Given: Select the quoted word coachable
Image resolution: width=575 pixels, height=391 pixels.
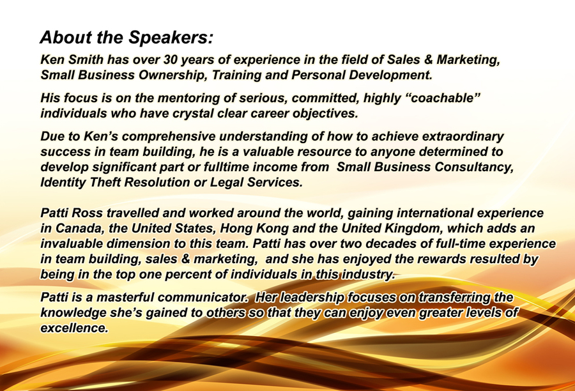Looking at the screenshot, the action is click(x=444, y=98).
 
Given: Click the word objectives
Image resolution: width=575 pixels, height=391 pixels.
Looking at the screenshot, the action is click(x=325, y=114).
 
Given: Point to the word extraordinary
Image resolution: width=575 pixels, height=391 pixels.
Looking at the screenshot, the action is click(x=463, y=137).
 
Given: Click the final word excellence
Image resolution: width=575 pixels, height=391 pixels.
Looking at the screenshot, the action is click(x=75, y=328).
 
